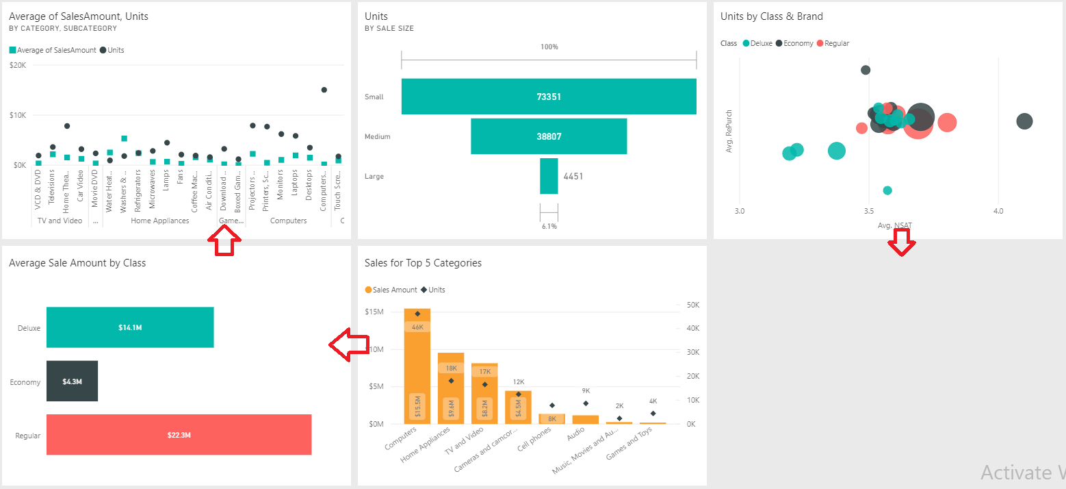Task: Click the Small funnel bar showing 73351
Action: tap(549, 97)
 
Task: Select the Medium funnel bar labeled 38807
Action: tap(549, 136)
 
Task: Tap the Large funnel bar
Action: tap(549, 176)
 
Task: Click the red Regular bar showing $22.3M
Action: tap(179, 435)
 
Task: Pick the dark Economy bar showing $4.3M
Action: tap(72, 381)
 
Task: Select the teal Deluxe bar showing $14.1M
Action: tap(130, 327)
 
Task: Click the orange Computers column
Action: tap(417, 366)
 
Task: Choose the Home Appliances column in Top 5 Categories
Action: tap(451, 388)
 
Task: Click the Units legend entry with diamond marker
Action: tap(434, 290)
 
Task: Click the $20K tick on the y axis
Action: tap(18, 65)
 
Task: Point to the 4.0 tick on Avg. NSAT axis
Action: tap(998, 211)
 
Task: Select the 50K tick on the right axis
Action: tap(692, 305)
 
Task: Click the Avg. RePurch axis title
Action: tap(729, 131)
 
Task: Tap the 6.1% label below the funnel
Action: tap(549, 226)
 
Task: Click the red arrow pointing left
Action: tap(349, 344)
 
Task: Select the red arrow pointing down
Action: tap(902, 242)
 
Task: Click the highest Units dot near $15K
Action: tap(324, 90)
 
